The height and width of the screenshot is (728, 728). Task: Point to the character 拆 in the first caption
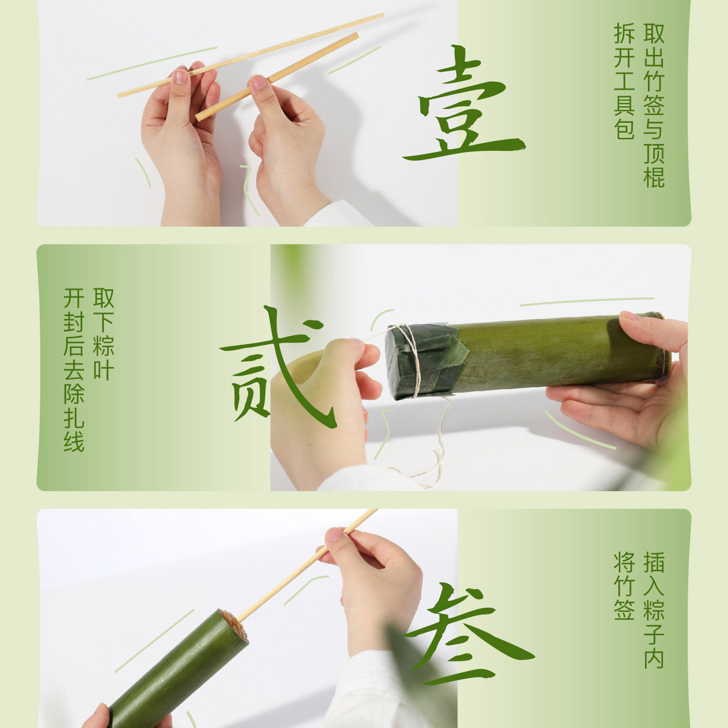tap(624, 33)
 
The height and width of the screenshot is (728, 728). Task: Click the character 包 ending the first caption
tap(624, 129)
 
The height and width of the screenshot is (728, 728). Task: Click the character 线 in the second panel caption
tap(74, 442)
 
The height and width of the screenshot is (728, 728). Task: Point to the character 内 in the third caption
tap(654, 658)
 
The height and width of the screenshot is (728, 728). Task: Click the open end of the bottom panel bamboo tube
tap(233, 624)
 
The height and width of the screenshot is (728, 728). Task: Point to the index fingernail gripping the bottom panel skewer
tap(335, 535)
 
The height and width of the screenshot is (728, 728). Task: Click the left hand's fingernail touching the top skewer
tap(181, 76)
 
